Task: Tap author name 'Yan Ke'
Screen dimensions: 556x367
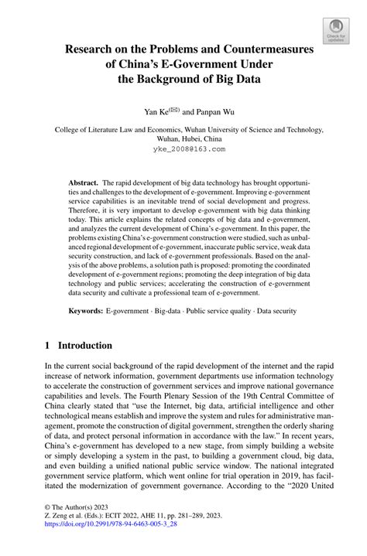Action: point(156,111)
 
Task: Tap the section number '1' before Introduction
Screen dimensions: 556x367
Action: point(46,345)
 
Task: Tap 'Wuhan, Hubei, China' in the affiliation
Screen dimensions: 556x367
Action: point(183,140)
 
